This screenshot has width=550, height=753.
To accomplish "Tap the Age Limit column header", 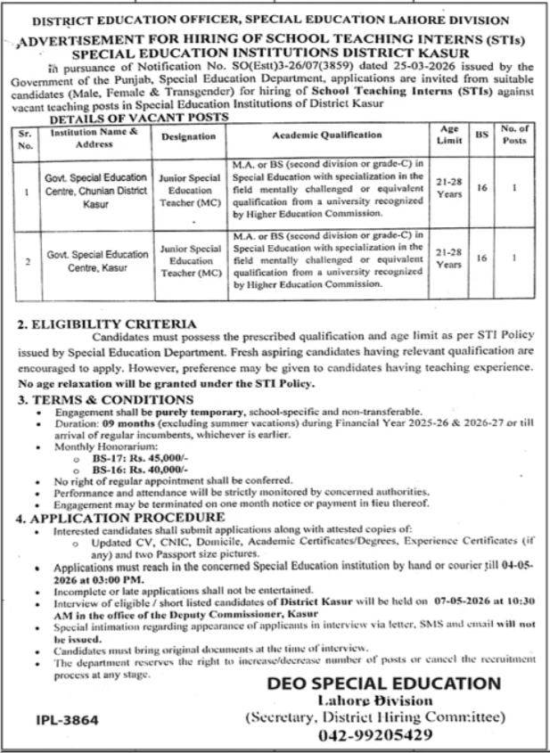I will coord(447,136).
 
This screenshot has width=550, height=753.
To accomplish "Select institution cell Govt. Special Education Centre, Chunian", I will coord(99,190).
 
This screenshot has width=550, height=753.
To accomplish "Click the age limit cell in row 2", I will coord(447,259).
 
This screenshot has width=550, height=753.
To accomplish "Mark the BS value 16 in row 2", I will coord(481,258).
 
